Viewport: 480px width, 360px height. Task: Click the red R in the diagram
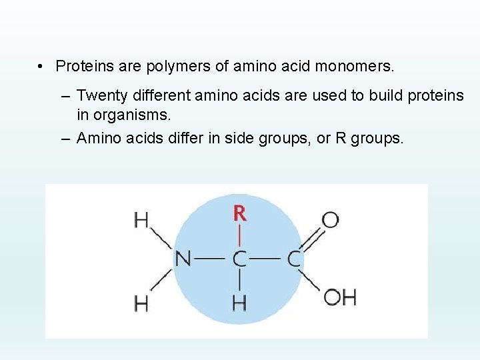click(x=239, y=214)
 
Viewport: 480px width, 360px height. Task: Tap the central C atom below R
click(x=239, y=259)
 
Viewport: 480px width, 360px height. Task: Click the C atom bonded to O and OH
click(x=294, y=259)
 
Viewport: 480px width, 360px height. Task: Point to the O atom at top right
click(x=330, y=219)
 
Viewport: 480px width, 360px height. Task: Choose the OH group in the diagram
click(x=340, y=297)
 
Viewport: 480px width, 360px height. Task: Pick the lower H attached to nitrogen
click(x=141, y=303)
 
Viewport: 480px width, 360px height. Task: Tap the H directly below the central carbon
click(x=239, y=303)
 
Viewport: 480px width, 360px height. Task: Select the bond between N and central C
click(x=211, y=259)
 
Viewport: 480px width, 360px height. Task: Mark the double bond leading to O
click(x=312, y=239)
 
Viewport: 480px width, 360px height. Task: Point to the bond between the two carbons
click(x=267, y=259)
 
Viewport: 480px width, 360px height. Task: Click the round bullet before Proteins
click(x=41, y=67)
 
